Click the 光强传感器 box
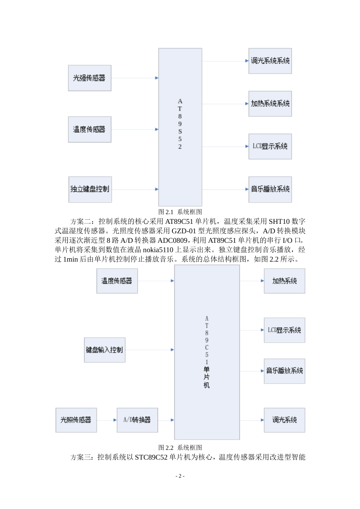(89, 78)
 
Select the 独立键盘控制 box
(90, 189)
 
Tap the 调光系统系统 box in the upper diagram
(270, 61)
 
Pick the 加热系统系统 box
(270, 104)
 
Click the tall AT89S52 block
(180, 127)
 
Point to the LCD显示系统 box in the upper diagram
(270, 147)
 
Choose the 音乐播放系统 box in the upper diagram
(270, 189)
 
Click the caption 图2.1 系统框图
(180, 212)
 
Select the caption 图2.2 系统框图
(180, 448)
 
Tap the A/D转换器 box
(137, 420)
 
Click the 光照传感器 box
(76, 420)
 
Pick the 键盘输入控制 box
(105, 350)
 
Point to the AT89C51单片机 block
(207, 352)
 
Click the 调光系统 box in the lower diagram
(284, 420)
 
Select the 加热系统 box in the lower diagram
(284, 281)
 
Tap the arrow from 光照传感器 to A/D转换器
(107, 420)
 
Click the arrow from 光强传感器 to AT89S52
(135, 78)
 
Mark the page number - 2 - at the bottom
(180, 476)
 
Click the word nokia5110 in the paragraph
(158, 250)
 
